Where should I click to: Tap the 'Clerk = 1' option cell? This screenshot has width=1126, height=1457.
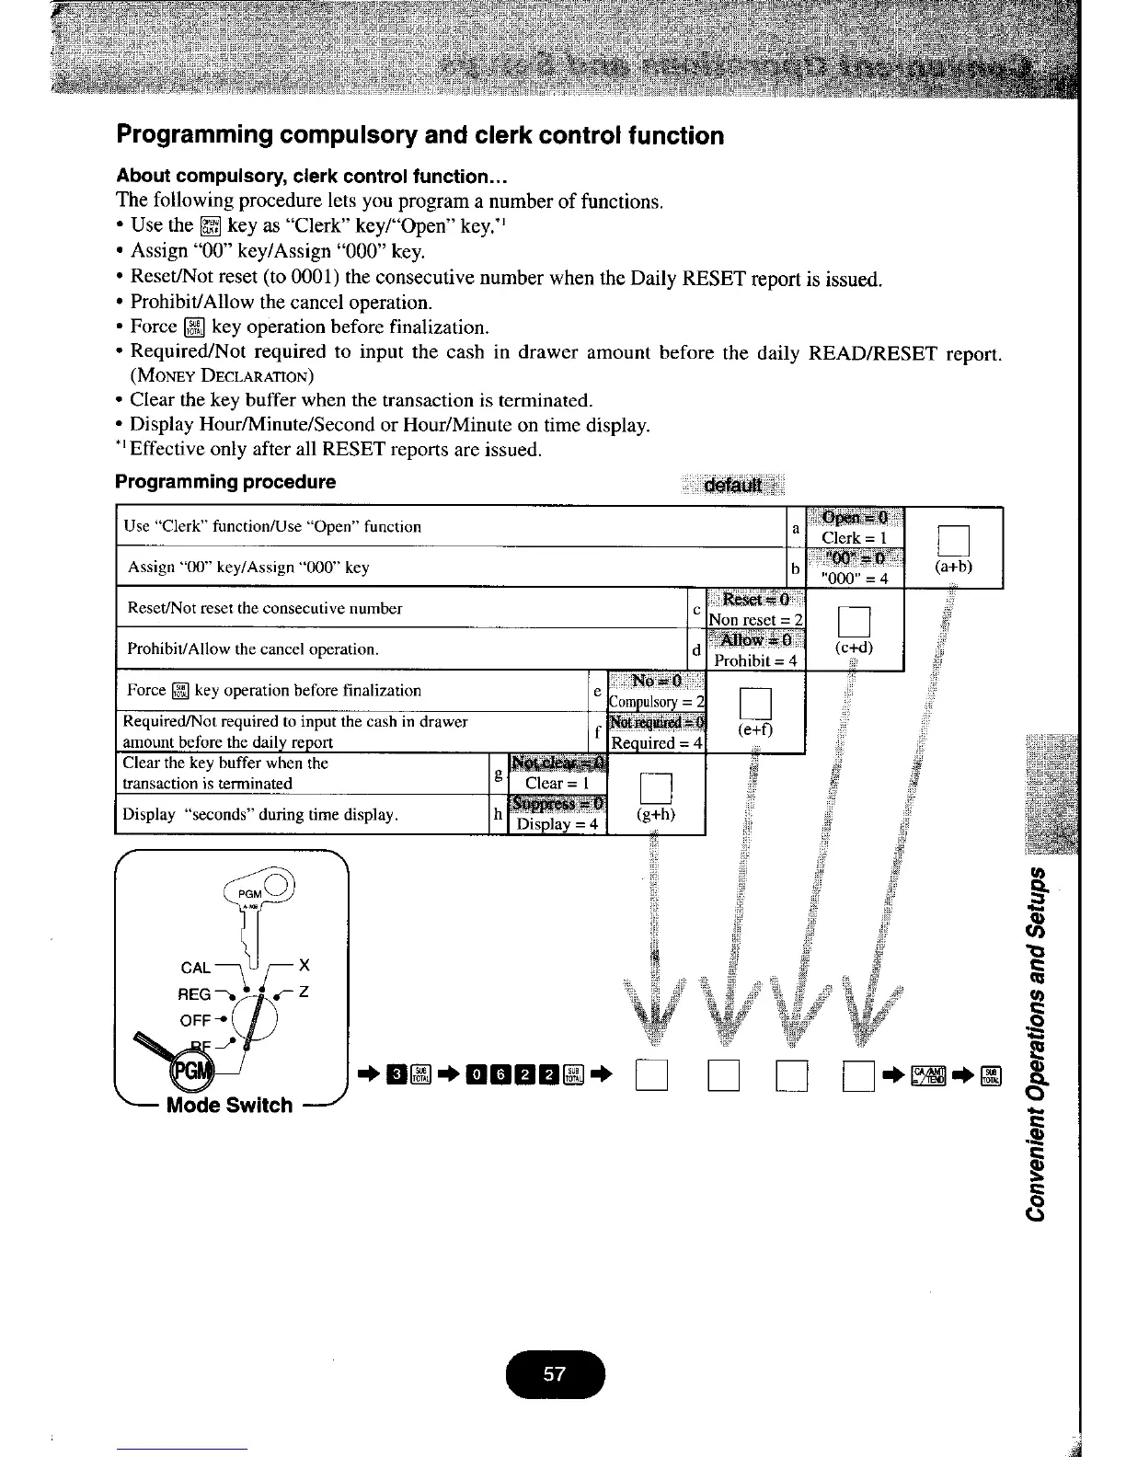coord(855,537)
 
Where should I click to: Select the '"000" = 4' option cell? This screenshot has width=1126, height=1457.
coord(855,579)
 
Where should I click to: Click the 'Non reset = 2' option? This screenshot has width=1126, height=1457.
coord(755,619)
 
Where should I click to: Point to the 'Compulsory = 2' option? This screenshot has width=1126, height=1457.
coord(657,701)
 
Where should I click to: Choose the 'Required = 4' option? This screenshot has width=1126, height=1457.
coord(657,742)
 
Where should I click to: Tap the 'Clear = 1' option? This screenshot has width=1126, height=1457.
coord(556,783)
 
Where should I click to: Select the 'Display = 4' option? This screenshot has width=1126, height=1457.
coord(557,823)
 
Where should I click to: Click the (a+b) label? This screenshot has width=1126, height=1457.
coord(953,567)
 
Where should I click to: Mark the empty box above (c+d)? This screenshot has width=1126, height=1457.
coord(854,620)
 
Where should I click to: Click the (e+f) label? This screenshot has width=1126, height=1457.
coord(755,730)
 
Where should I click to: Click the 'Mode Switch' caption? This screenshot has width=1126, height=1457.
coord(229,1105)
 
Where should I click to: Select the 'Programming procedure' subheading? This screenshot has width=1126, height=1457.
coord(225,482)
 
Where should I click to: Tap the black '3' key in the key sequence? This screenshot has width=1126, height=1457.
coord(396,1073)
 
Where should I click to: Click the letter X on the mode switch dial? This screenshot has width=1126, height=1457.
coord(304,965)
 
